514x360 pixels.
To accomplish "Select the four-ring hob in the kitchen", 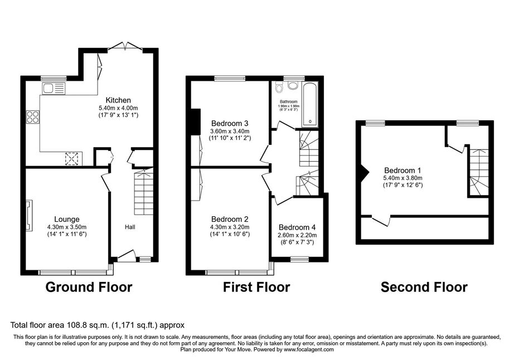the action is pos(33,117).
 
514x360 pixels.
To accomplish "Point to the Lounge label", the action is pos(67,219).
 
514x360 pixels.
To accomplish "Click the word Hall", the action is pos(130,227).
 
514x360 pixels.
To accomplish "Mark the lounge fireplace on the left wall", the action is pos(30,216).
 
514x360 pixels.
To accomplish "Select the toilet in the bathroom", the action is pos(279,87).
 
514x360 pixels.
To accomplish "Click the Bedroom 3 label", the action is pos(230,124).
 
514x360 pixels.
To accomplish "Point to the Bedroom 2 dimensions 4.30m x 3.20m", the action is pos(230,227).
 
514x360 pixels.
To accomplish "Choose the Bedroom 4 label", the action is pos(297,227).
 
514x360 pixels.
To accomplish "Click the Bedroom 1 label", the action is pos(403,171).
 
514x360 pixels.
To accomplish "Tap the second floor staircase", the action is pos(479,172).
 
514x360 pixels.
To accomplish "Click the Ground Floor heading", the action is pos(89,287).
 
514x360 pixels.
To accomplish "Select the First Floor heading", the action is pos(256,287).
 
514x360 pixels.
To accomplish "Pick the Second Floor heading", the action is pos(424,287).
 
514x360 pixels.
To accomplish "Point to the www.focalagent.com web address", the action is pos(309,349).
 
